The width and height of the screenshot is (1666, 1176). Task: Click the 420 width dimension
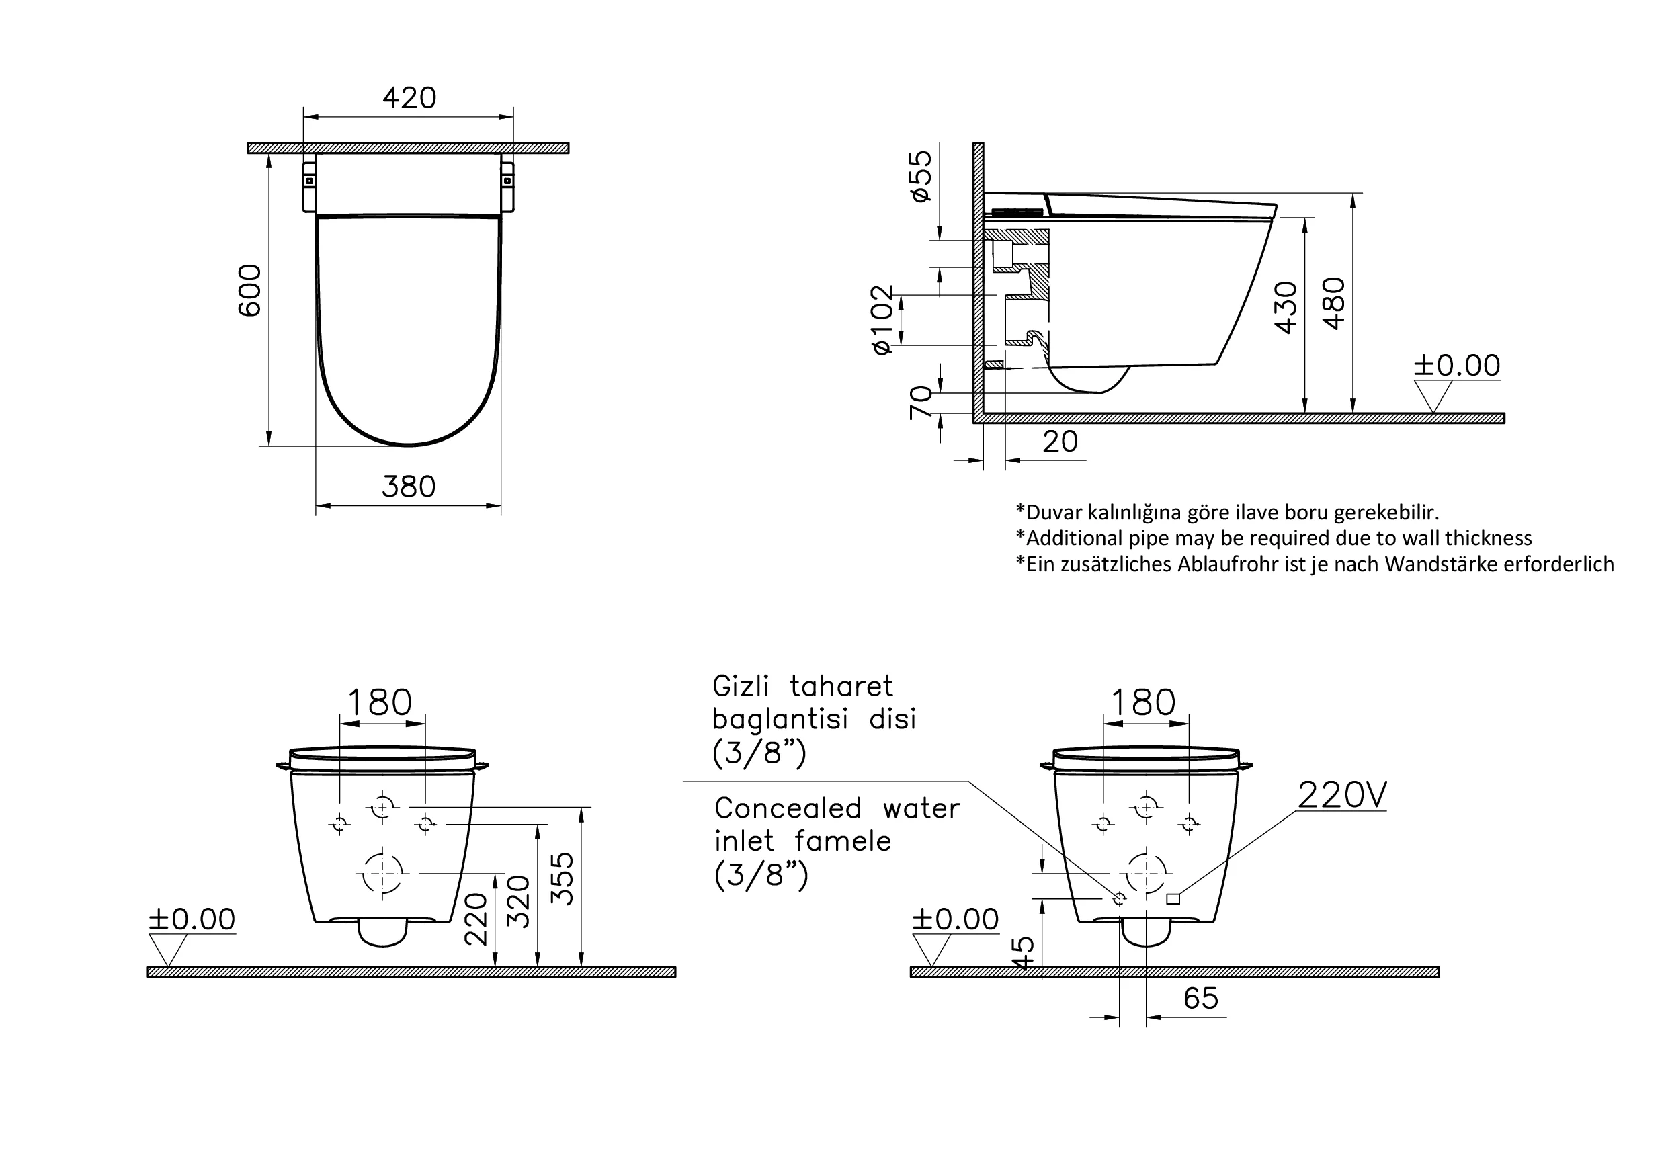click(x=409, y=98)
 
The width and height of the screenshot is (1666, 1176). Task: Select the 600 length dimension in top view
click(x=250, y=290)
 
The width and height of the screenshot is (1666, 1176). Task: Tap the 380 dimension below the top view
click(x=409, y=487)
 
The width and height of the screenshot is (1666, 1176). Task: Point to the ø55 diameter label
click(x=921, y=175)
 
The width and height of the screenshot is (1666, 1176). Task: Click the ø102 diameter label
click(x=883, y=320)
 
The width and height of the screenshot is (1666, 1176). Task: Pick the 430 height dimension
click(x=1286, y=307)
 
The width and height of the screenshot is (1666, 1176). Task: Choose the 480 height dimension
click(x=1333, y=303)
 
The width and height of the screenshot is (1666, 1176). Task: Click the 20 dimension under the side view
click(x=1060, y=442)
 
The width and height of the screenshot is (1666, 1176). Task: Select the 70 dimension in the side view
click(x=921, y=403)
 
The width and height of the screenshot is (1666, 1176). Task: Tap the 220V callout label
click(x=1341, y=795)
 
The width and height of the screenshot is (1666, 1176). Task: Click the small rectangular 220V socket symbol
click(x=1173, y=900)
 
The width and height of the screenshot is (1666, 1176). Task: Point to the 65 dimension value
click(x=1200, y=999)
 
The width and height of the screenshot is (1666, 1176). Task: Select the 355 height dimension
click(x=563, y=878)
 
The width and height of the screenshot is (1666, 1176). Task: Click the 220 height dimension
click(x=476, y=919)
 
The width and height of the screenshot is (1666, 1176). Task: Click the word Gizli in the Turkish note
click(x=741, y=685)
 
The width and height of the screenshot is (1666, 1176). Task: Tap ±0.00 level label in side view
click(x=1456, y=366)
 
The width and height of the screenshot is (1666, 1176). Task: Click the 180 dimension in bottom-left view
click(x=380, y=702)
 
